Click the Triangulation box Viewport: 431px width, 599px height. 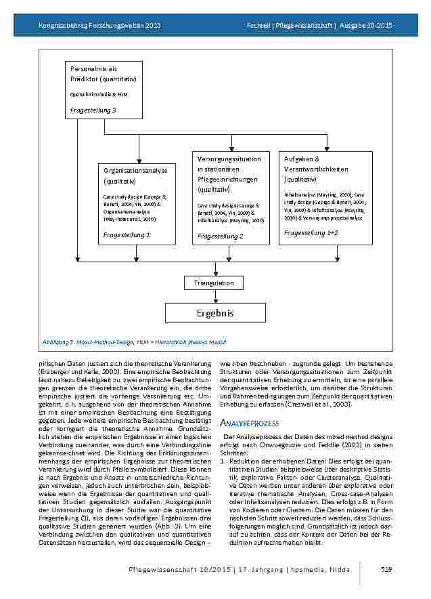pyautogui.click(x=214, y=283)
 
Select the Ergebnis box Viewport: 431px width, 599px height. pyautogui.click(x=214, y=313)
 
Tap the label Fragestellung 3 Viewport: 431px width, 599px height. pyautogui.click(x=93, y=109)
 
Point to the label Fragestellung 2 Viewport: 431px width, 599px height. pyautogui.click(x=220, y=236)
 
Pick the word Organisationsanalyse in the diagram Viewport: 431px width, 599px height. pyautogui.click(x=135, y=170)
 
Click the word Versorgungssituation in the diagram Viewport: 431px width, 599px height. pyautogui.click(x=229, y=159)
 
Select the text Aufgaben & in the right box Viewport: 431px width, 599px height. pyautogui.click(x=301, y=159)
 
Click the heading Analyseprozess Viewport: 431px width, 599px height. pyautogui.click(x=249, y=423)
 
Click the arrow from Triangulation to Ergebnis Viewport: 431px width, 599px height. pyautogui.click(x=214, y=297)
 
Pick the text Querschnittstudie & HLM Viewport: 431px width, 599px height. pyautogui.click(x=98, y=94)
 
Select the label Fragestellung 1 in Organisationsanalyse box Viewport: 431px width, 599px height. pyautogui.click(x=127, y=234)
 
